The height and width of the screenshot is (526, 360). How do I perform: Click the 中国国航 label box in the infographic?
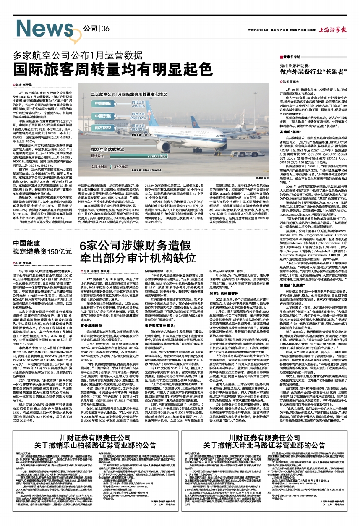[103, 103]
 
